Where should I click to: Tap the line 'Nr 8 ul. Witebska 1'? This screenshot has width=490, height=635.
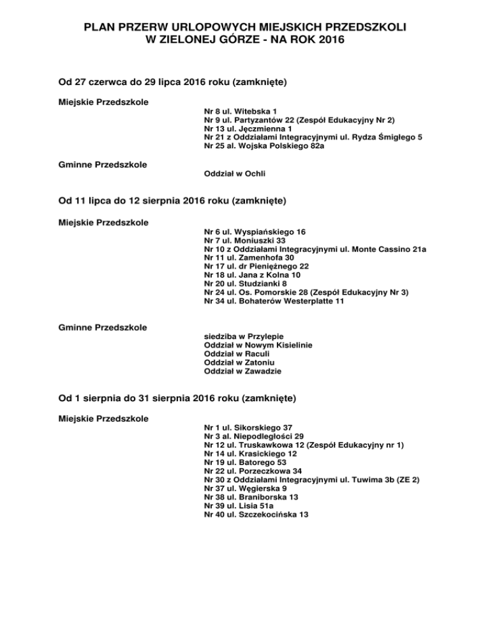pyautogui.click(x=240, y=111)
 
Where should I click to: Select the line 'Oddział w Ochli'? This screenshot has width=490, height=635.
pyautogui.click(x=234, y=173)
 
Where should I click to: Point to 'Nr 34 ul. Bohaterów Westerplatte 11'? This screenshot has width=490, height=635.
pyautogui.click(x=274, y=301)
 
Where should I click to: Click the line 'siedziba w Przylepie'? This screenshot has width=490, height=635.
pyautogui.click(x=243, y=336)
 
